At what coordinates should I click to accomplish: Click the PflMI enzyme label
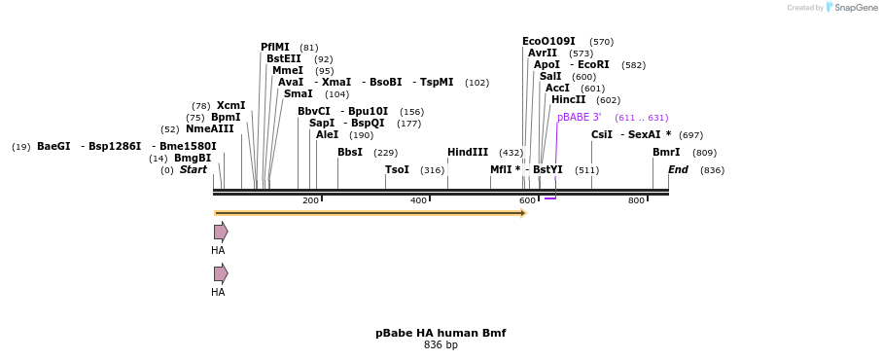[x=274, y=47]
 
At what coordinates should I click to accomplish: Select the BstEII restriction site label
[x=283, y=58]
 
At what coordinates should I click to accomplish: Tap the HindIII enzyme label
[x=468, y=152]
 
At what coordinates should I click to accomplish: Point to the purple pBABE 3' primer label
[x=579, y=117]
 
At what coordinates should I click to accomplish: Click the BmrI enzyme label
[x=666, y=152]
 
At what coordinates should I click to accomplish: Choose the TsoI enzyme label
[x=397, y=169]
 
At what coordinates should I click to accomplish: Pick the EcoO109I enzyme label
[x=548, y=41]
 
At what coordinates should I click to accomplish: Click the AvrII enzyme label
[x=543, y=53]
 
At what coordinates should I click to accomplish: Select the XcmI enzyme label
[x=230, y=105]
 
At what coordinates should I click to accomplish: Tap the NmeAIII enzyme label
[x=210, y=128]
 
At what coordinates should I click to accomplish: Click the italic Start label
[x=194, y=169]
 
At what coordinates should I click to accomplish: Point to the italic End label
[x=678, y=169]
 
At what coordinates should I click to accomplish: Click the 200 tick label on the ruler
[x=310, y=200]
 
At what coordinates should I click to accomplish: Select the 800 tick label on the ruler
[x=636, y=200]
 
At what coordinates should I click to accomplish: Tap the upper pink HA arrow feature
[x=221, y=232]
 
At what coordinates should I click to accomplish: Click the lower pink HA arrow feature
[x=221, y=273]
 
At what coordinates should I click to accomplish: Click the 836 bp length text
[x=441, y=344]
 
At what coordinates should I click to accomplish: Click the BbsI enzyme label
[x=350, y=152]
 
